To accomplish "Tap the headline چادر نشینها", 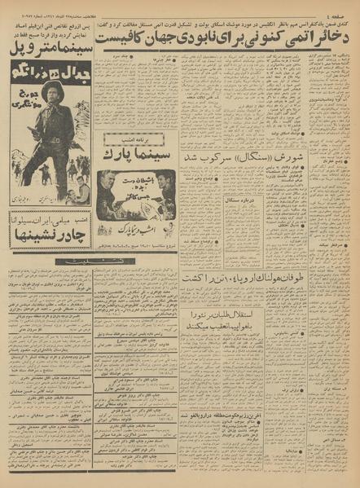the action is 49,239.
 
